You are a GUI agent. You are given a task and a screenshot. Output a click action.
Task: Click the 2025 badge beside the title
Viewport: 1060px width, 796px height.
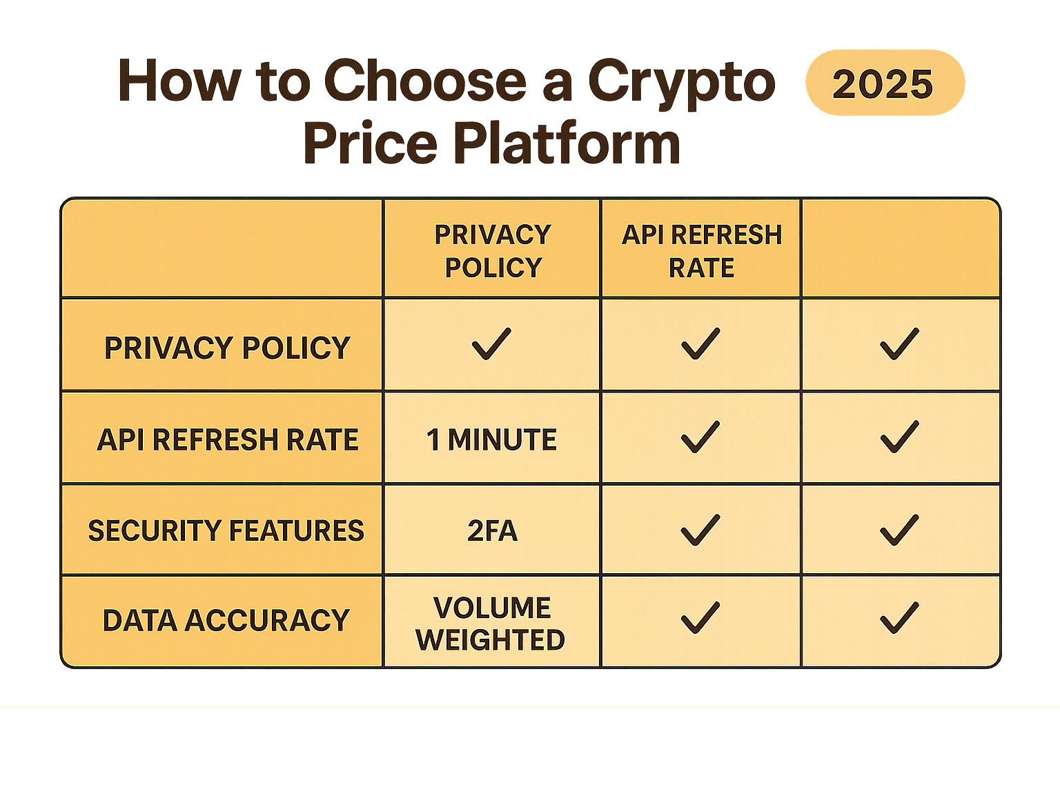(884, 83)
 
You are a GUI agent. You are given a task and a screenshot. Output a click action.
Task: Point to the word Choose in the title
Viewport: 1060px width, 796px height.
(425, 81)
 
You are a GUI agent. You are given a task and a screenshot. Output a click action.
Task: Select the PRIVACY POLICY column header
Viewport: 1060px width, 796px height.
(492, 250)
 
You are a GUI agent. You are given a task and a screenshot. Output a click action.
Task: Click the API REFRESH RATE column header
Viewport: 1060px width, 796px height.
(701, 250)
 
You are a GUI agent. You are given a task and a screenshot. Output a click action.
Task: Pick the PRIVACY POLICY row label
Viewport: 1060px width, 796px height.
(227, 348)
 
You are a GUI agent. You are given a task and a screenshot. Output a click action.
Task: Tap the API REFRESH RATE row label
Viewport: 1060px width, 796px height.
(227, 439)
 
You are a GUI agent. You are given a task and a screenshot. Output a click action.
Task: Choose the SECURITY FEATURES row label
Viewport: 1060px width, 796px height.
(226, 530)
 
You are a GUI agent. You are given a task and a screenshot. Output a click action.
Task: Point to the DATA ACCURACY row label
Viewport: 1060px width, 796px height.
(226, 620)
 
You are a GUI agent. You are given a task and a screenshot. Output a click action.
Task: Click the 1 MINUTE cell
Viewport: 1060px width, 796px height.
(491, 439)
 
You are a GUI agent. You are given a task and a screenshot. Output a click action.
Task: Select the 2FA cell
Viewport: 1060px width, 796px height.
(491, 530)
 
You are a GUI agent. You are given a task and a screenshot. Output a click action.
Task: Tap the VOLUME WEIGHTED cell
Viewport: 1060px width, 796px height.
(491, 624)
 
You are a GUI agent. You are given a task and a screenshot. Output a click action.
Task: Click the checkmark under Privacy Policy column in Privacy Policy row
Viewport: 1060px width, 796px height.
(491, 344)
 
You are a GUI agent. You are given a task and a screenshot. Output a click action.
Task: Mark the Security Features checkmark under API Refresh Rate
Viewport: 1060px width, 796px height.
(700, 530)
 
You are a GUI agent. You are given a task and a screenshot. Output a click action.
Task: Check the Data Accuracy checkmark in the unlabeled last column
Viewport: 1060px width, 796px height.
(899, 618)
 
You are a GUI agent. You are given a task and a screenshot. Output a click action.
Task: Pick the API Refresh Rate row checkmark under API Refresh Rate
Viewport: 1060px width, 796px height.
(700, 437)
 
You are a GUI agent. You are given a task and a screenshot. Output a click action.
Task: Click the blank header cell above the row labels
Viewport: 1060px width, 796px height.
(222, 249)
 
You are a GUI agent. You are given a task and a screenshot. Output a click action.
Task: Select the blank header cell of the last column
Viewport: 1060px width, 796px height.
(900, 249)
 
